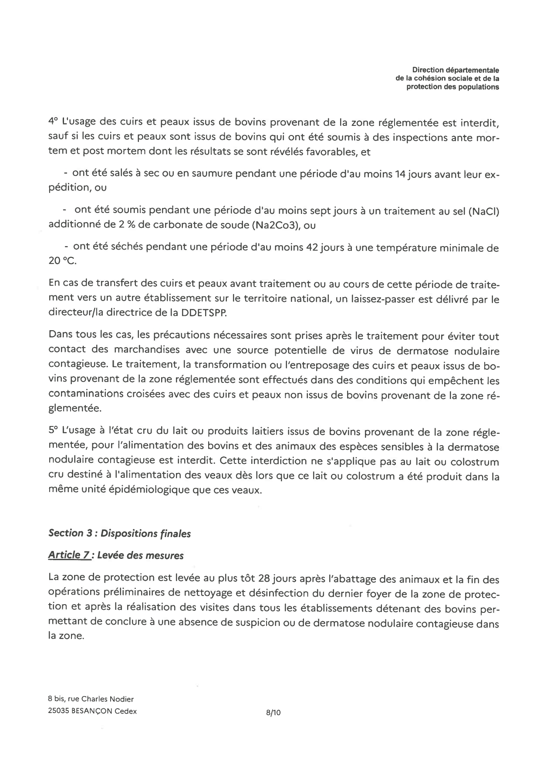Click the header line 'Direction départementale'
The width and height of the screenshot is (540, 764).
pos(456,70)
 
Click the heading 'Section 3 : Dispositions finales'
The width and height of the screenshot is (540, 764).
pos(120,533)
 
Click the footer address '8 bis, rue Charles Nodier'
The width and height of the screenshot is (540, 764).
pos(91,699)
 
